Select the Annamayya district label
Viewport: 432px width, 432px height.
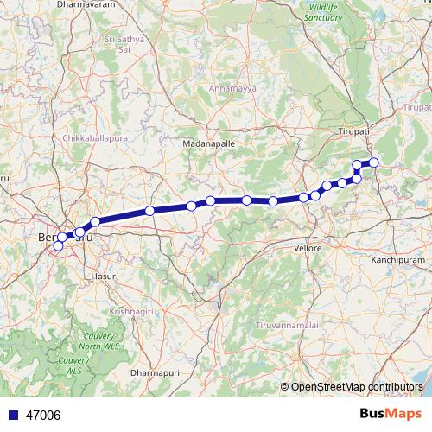click(x=229, y=87)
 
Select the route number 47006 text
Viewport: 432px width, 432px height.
click(x=43, y=416)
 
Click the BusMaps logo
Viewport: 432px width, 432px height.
click(x=391, y=414)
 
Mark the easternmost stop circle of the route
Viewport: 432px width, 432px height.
click(x=373, y=162)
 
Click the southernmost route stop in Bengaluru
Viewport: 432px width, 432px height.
click(x=59, y=246)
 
